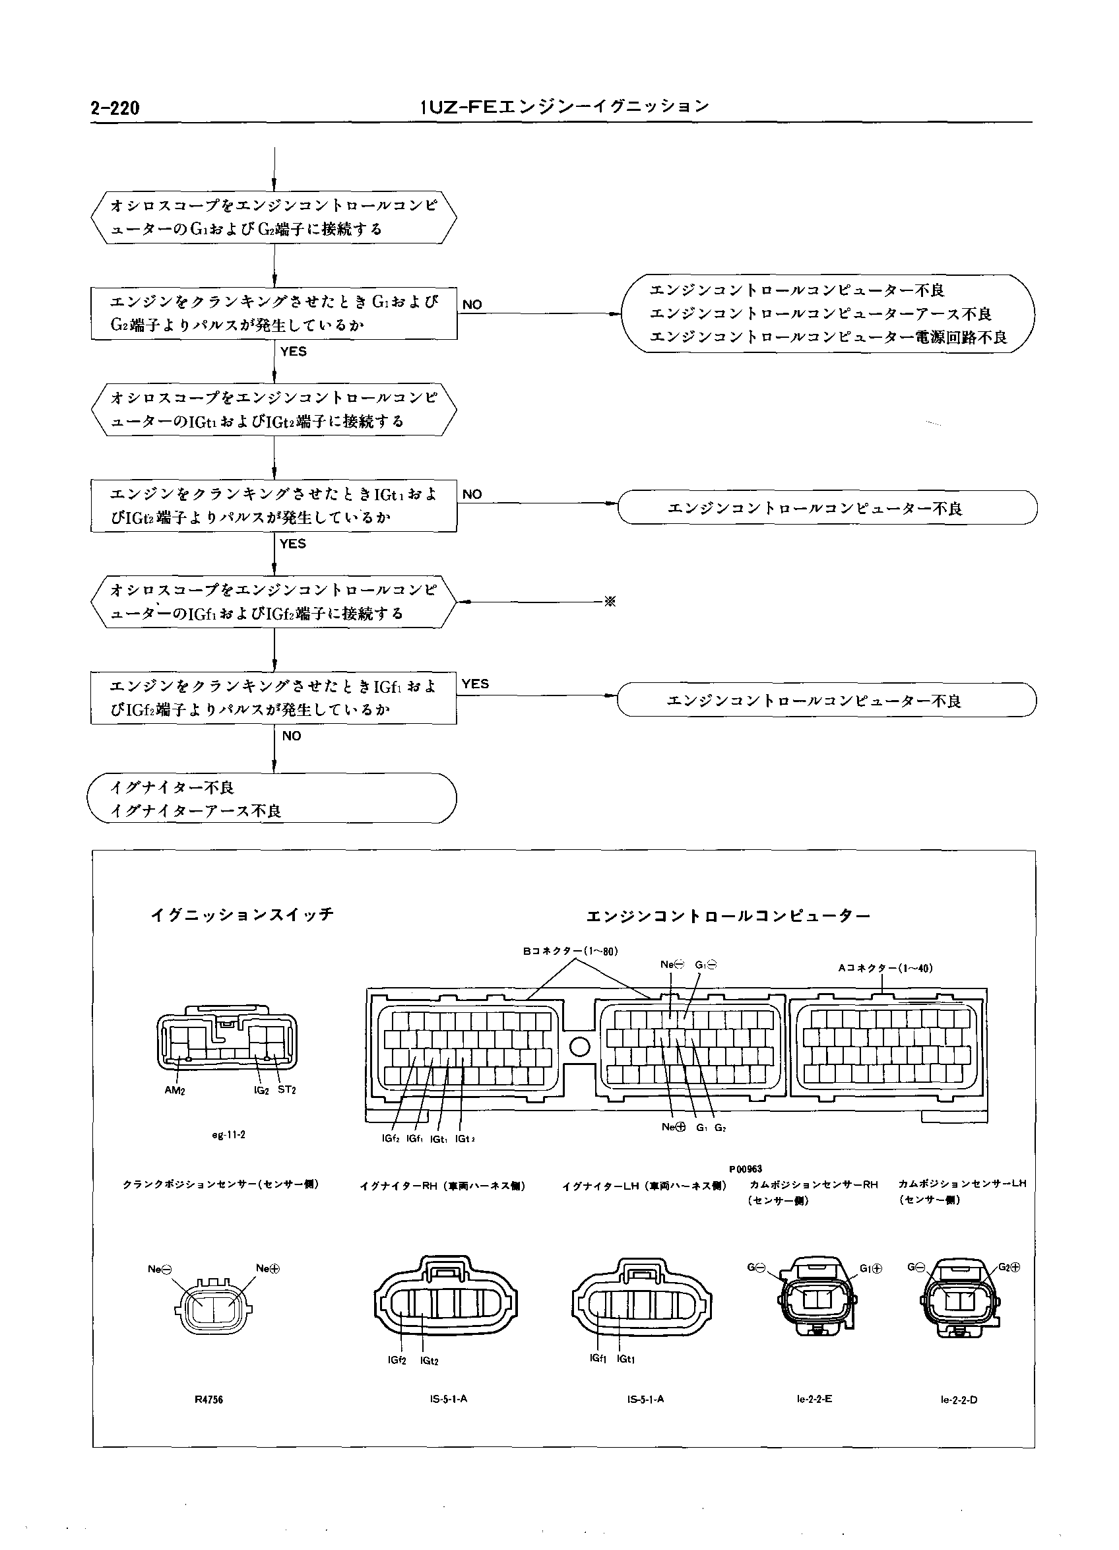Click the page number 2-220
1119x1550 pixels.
115,108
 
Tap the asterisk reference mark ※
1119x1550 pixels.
610,602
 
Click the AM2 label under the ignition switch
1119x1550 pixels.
174,1090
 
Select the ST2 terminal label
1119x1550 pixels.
287,1089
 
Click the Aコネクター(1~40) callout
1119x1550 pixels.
885,968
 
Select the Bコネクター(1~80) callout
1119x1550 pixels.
571,951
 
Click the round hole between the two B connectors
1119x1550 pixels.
579,1047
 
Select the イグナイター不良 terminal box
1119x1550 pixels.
272,798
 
